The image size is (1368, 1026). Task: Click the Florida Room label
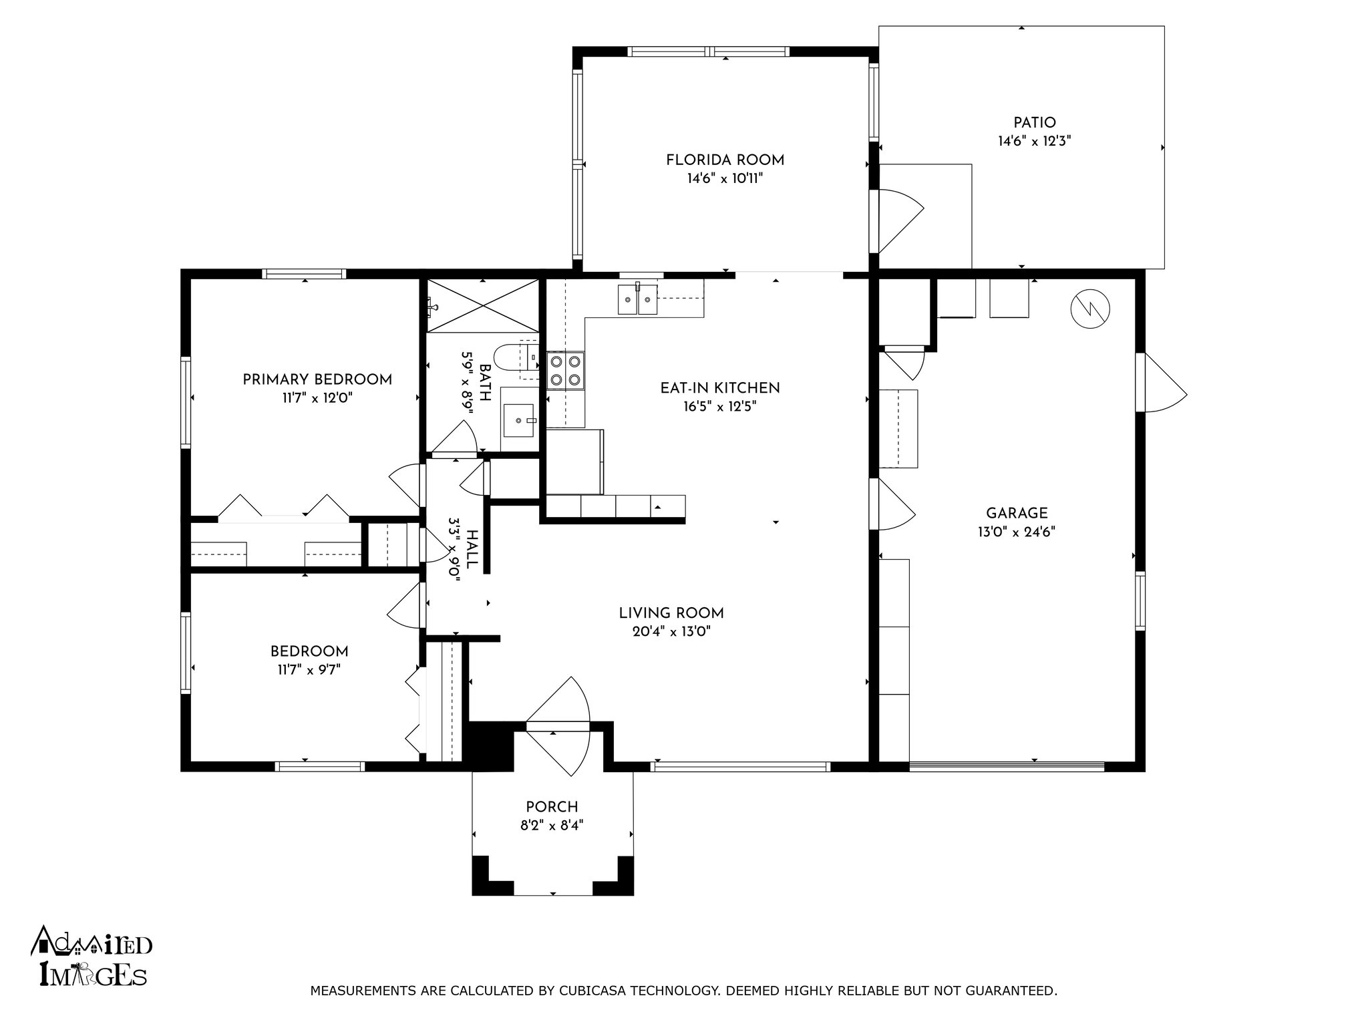pos(725,160)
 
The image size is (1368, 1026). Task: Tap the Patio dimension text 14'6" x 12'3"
pos(1035,142)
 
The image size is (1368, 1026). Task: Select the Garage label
pos(1017,514)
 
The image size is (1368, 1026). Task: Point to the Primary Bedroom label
pos(317,380)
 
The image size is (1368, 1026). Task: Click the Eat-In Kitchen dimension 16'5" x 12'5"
pos(719,407)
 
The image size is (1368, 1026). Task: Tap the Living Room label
pos(671,613)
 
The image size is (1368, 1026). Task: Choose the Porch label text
pos(552,808)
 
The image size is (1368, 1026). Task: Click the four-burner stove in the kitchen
pos(565,371)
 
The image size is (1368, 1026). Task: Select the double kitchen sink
pos(638,299)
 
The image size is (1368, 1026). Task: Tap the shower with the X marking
pos(482,305)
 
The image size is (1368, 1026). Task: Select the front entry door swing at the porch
pos(558,726)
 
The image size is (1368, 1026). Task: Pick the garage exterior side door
pos(1162,383)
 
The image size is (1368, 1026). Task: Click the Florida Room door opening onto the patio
pos(897,222)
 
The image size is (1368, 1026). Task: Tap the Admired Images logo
pos(92,957)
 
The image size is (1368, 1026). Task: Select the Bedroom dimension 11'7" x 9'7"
pos(309,670)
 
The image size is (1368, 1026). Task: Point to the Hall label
pos(472,549)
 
